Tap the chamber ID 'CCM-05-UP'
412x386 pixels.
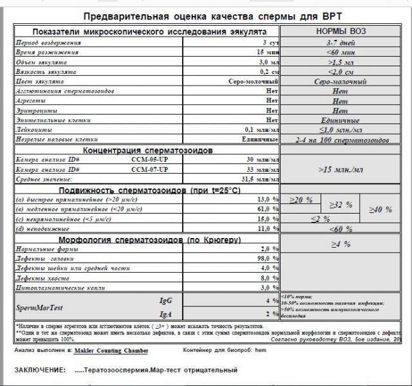click(x=149, y=160)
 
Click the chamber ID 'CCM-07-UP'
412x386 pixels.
click(x=149, y=169)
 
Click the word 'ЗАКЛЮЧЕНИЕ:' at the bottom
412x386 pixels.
click(x=39, y=371)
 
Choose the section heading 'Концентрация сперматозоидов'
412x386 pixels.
click(x=121, y=150)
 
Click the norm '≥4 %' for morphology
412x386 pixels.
click(x=341, y=244)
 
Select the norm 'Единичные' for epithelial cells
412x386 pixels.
click(x=341, y=120)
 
